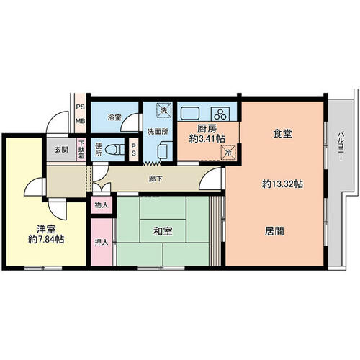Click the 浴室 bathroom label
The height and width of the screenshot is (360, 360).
pyautogui.click(x=114, y=117)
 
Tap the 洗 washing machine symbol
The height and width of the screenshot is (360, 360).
pyautogui.click(x=164, y=110)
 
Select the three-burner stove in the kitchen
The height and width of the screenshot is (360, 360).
pyautogui.click(x=220, y=114)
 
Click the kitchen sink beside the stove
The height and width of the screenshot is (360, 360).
pyautogui.click(x=190, y=113)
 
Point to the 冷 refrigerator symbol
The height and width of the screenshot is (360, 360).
pyautogui.click(x=228, y=152)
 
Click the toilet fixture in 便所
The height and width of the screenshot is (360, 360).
pyautogui.click(x=114, y=150)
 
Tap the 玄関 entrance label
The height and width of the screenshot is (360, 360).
pyautogui.click(x=61, y=150)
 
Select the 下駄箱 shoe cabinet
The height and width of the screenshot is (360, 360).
pyautogui.click(x=81, y=150)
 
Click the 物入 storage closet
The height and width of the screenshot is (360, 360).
pyautogui.click(x=102, y=205)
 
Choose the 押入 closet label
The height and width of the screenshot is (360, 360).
pyautogui.click(x=102, y=242)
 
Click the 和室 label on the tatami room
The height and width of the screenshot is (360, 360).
pyautogui.click(x=163, y=231)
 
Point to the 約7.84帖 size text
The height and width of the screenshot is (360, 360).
pyautogui.click(x=46, y=239)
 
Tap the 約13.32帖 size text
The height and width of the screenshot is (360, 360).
pyautogui.click(x=282, y=184)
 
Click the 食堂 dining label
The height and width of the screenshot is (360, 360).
pyautogui.click(x=282, y=134)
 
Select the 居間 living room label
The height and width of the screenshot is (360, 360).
pyautogui.click(x=274, y=231)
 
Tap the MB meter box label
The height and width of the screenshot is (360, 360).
pyautogui.click(x=81, y=121)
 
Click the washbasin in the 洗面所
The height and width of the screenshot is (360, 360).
pyautogui.click(x=165, y=150)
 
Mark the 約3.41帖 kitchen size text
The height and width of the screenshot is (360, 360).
pyautogui.click(x=207, y=138)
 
